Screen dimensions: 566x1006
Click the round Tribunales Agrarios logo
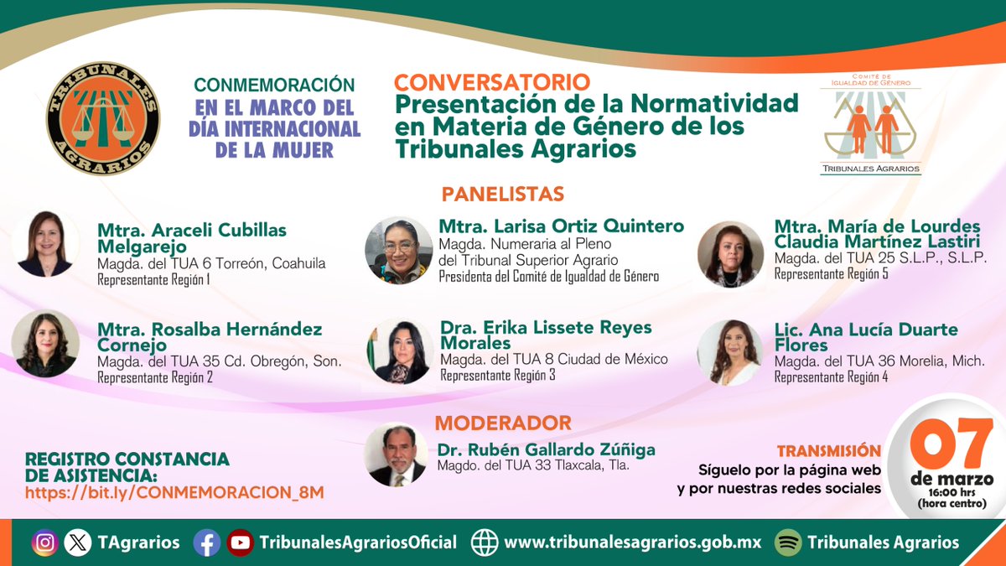[103, 118]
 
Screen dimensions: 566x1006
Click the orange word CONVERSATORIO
[492, 82]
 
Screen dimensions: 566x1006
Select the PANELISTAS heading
[502, 194]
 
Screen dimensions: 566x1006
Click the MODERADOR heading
[503, 423]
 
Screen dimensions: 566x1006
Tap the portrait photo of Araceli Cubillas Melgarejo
[45, 244]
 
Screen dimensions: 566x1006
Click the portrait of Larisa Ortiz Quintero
[399, 250]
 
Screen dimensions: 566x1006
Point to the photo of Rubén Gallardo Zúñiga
[396, 454]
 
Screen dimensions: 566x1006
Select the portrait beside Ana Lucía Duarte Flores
[729, 352]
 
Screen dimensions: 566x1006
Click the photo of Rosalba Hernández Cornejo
[45, 344]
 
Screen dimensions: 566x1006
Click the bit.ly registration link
[174, 492]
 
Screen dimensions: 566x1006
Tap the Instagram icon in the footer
[45, 543]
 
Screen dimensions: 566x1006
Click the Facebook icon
[206, 543]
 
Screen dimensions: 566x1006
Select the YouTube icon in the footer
[240, 543]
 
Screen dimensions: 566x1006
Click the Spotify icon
[787, 543]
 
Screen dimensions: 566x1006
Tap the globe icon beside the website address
[485, 543]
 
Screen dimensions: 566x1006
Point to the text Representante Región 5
[831, 273]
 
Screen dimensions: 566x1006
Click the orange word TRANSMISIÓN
[829, 451]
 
